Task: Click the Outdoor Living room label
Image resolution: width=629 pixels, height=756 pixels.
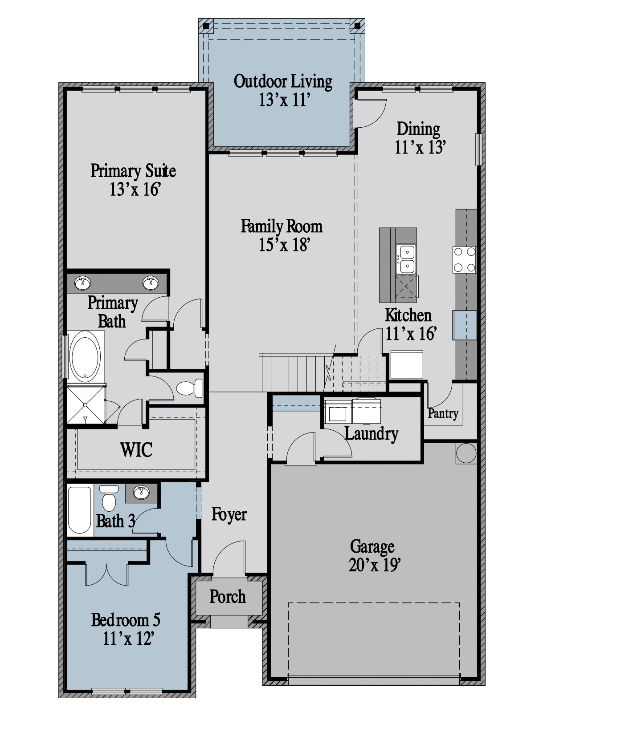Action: click(283, 81)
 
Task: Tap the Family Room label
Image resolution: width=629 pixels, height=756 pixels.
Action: click(282, 226)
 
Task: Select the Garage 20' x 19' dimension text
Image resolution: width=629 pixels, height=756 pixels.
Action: click(375, 565)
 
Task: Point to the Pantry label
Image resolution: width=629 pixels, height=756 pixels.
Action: click(443, 413)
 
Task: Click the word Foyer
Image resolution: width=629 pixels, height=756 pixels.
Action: click(229, 514)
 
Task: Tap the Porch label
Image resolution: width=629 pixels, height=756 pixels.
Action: click(228, 597)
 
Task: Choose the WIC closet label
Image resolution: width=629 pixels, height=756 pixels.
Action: click(136, 450)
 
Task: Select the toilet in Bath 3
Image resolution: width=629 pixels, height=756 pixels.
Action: click(109, 498)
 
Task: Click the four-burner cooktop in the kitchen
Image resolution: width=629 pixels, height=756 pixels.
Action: click(464, 259)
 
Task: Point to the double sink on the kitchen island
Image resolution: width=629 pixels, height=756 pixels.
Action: click(406, 259)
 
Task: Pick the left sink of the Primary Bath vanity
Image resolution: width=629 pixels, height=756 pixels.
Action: click(82, 283)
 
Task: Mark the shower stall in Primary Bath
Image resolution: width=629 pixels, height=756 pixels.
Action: click(86, 404)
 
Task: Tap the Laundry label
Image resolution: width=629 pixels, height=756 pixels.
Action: click(372, 434)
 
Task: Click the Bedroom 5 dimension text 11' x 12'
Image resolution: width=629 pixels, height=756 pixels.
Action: click(129, 639)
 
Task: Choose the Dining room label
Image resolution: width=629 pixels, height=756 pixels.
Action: click(418, 129)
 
